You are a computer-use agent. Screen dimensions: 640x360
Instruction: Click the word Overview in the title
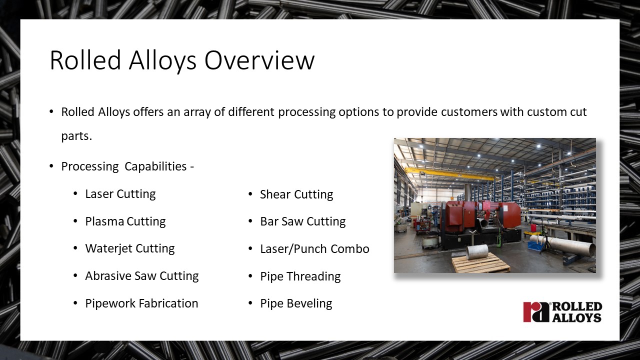pyautogui.click(x=259, y=60)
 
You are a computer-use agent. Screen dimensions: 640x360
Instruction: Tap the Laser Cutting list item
pyautogui.click(x=120, y=194)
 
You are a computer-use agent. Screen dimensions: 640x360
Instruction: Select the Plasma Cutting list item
pyautogui.click(x=125, y=221)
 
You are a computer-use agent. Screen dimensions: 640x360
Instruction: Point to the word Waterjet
pyautogui.click(x=108, y=248)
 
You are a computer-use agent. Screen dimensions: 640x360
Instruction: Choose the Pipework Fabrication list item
pyautogui.click(x=141, y=303)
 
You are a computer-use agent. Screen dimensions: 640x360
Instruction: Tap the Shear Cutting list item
pyautogui.click(x=296, y=194)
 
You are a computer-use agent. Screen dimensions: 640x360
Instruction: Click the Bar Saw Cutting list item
pyautogui.click(x=303, y=221)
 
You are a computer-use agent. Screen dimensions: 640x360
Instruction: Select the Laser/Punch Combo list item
pyautogui.click(x=314, y=249)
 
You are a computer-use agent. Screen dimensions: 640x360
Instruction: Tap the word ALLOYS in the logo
pyautogui.click(x=577, y=317)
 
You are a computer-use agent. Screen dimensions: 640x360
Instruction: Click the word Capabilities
pyautogui.click(x=155, y=166)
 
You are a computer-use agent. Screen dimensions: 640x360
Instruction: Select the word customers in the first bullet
pyautogui.click(x=469, y=112)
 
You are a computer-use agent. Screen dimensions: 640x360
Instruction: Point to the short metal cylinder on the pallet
pyautogui.click(x=477, y=252)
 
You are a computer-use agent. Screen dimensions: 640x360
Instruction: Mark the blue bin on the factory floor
pyautogui.click(x=534, y=245)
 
